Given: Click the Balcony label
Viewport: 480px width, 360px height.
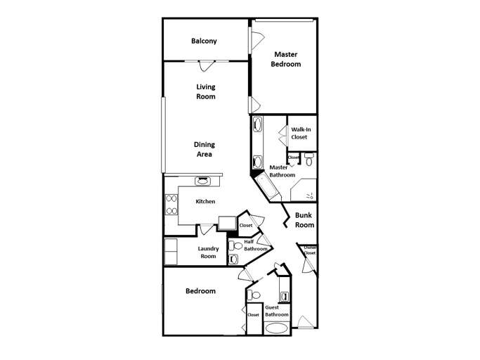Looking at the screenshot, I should pyautogui.click(x=204, y=41).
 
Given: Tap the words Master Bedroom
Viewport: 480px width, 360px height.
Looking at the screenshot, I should pyautogui.click(x=287, y=59).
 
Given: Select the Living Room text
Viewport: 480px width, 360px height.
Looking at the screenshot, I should pyautogui.click(x=205, y=91).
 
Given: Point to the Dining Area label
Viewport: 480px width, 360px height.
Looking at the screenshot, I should pyautogui.click(x=204, y=149).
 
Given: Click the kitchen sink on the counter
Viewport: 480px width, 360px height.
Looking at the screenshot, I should pyautogui.click(x=202, y=181).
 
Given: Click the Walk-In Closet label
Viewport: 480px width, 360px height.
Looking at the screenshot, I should pyautogui.click(x=300, y=133).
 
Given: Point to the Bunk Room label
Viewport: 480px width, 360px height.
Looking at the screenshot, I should pyautogui.click(x=304, y=221).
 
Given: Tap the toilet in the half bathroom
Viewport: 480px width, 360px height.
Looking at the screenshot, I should pyautogui.click(x=236, y=247).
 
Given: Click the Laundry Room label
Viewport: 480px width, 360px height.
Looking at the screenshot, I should pyautogui.click(x=208, y=252).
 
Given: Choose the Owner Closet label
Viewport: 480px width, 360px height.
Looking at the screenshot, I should pyautogui.click(x=309, y=251).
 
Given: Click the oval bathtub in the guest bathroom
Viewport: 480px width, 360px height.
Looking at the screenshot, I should pyautogui.click(x=276, y=328).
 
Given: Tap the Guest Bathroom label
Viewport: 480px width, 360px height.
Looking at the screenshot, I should pyautogui.click(x=277, y=311).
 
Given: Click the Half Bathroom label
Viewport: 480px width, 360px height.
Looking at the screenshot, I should pyautogui.click(x=255, y=245).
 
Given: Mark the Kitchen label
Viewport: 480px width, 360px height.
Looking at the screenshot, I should pyautogui.click(x=205, y=202).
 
